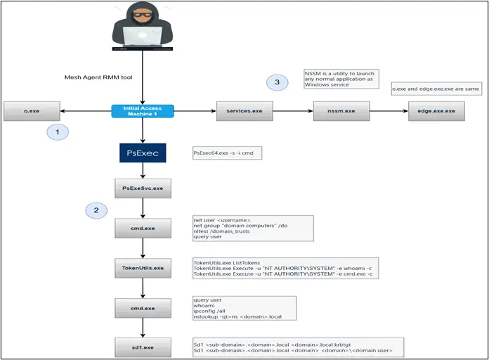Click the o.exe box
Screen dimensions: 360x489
(x=31, y=111)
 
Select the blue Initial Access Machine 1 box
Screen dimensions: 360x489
(x=143, y=111)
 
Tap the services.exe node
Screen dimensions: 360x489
(x=244, y=111)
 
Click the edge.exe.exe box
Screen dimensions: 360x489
(x=437, y=111)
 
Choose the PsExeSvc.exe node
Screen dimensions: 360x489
(x=143, y=189)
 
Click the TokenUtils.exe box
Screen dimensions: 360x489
(x=143, y=268)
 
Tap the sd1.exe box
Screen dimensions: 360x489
(x=143, y=347)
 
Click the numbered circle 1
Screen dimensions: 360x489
(x=57, y=131)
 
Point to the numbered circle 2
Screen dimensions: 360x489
(x=97, y=210)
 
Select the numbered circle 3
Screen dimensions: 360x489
(x=278, y=83)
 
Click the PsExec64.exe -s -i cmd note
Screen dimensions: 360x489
(x=226, y=153)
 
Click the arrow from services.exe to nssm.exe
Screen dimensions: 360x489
(x=292, y=111)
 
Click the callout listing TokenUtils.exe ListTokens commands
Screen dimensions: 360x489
(x=285, y=268)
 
